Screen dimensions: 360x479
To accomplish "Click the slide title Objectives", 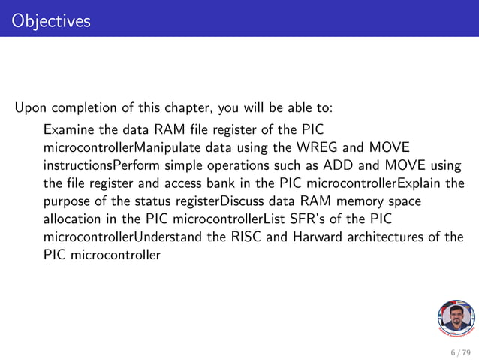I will coord(51,20).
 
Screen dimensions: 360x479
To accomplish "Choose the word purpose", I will coord(68,201).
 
